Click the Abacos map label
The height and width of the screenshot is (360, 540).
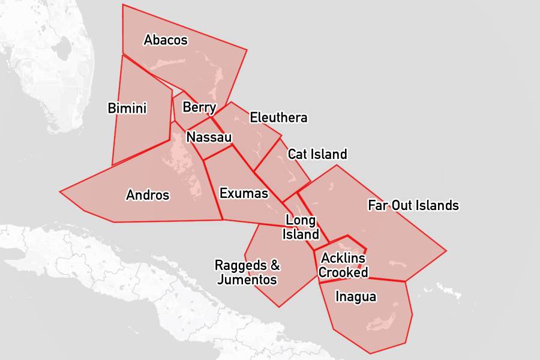pyautogui.click(x=166, y=40)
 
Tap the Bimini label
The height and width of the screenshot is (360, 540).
pyautogui.click(x=127, y=108)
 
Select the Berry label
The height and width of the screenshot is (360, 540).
pyautogui.click(x=199, y=107)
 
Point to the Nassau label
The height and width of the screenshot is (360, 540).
pyautogui.click(x=209, y=137)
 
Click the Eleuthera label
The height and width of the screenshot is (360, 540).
pyautogui.click(x=278, y=117)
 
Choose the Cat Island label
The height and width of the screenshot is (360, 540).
pyautogui.click(x=317, y=154)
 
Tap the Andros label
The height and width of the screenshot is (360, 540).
pyautogui.click(x=148, y=195)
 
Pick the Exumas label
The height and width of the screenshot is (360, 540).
pyautogui.click(x=244, y=193)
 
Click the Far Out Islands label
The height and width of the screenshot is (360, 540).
pyautogui.click(x=413, y=206)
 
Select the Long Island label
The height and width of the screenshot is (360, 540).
pyautogui.click(x=301, y=227)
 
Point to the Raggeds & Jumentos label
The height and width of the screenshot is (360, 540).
pyautogui.click(x=247, y=272)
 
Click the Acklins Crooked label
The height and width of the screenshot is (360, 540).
pyautogui.click(x=343, y=265)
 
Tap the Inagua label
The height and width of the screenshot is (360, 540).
pyautogui.click(x=356, y=296)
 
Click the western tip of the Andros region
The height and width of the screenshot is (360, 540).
pyautogui.click(x=60, y=192)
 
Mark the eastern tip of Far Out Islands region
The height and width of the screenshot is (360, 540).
pyautogui.click(x=446, y=250)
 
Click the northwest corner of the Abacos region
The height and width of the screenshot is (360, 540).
pyautogui.click(x=123, y=5)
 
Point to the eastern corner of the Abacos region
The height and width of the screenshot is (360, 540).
pyautogui.click(x=247, y=50)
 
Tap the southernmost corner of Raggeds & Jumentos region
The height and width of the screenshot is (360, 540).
pyautogui.click(x=279, y=307)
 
